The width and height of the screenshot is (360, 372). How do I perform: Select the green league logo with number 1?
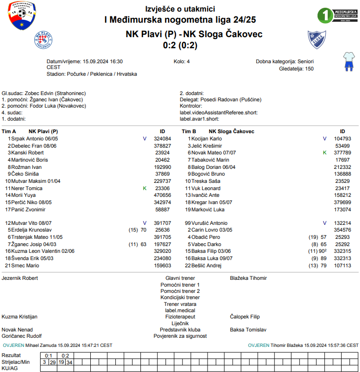click(x=337, y=15)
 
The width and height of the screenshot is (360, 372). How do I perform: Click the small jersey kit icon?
click(x=348, y=62)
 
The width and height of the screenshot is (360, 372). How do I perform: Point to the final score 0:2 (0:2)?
click(x=180, y=45)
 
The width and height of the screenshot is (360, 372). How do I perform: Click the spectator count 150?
click(x=309, y=69)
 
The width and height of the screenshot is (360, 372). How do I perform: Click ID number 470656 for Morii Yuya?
click(x=162, y=195)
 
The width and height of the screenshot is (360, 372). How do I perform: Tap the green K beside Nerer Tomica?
click(x=145, y=188)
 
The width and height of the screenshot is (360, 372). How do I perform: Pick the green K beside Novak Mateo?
click(x=325, y=152)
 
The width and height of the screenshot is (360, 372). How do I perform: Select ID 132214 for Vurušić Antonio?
click(x=342, y=223)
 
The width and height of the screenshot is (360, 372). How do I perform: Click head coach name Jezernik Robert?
click(x=20, y=278)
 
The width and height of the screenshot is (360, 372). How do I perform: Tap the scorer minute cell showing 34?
click(x=69, y=362)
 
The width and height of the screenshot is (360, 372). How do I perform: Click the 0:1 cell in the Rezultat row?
click(x=48, y=356)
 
